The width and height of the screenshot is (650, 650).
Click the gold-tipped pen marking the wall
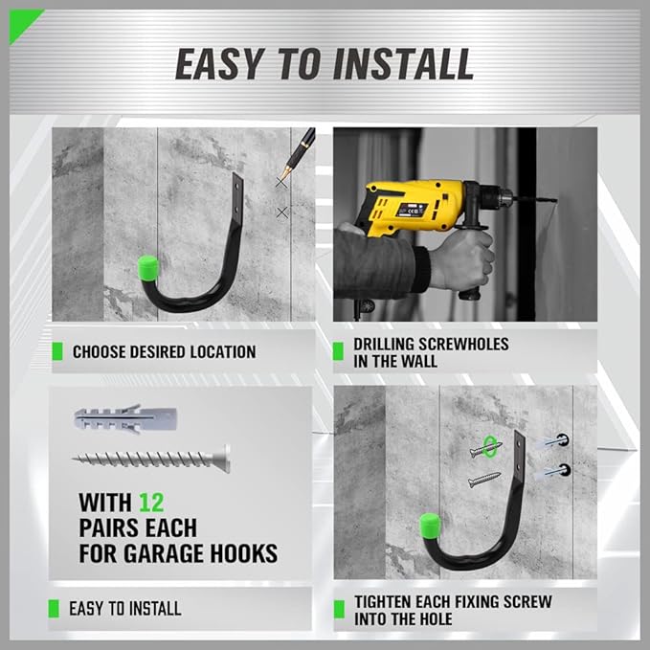pyautogui.click(x=299, y=152)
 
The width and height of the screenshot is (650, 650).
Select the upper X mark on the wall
pyautogui.click(x=281, y=182)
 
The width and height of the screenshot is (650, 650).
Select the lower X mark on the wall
pyautogui.click(x=281, y=213)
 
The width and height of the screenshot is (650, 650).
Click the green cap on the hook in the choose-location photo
pyautogui.click(x=147, y=268)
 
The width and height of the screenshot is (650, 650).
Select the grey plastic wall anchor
pyautogui.click(x=125, y=418)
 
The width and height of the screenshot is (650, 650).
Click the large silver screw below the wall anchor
pyautogui.click(x=151, y=459)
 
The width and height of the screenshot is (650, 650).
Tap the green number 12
pyautogui.click(x=151, y=503)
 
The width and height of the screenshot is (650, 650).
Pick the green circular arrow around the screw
pyautogui.click(x=490, y=446)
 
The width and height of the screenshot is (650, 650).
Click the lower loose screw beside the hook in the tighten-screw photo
pyautogui.click(x=484, y=480)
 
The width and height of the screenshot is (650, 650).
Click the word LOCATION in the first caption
pyautogui.click(x=223, y=352)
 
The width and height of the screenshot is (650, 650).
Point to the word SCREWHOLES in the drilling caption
pyautogui.click(x=463, y=344)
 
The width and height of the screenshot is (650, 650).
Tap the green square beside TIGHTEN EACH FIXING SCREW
pyautogui.click(x=339, y=609)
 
